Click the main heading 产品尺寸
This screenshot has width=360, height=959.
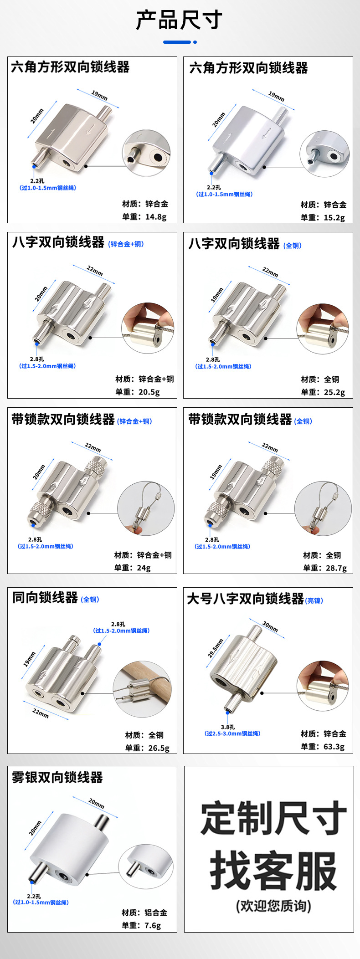click(180, 20)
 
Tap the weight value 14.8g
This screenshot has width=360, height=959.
click(156, 217)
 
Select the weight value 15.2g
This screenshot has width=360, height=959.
click(334, 218)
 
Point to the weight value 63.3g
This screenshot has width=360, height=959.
click(334, 747)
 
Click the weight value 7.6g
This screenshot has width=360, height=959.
click(153, 926)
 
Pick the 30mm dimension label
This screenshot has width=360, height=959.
click(270, 626)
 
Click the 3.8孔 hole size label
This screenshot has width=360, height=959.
click(228, 727)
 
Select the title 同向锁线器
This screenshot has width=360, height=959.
click(45, 597)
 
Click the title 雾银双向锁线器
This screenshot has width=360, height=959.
click(57, 777)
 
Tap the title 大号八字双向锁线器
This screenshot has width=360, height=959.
click(245, 599)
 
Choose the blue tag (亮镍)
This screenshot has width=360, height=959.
click(314, 600)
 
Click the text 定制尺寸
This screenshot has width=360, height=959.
click(273, 818)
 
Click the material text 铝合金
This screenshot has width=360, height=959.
click(156, 913)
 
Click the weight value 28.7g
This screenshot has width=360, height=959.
click(336, 568)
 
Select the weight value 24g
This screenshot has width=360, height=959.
click(144, 568)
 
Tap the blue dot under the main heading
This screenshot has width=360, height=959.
click(195, 42)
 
